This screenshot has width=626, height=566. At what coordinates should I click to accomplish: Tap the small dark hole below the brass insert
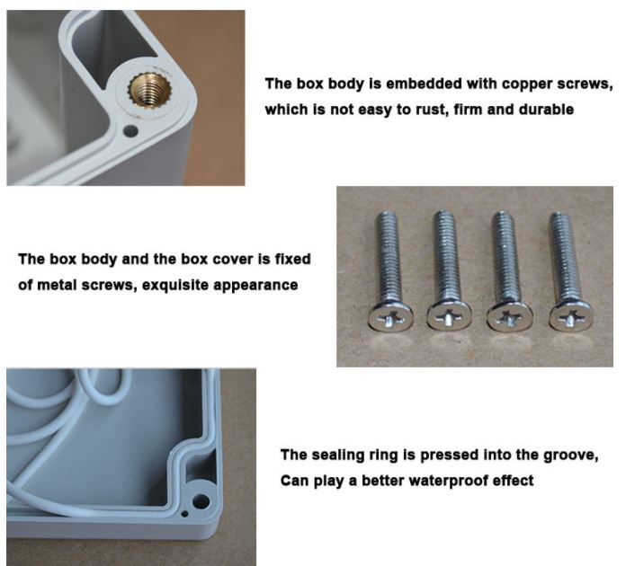[x=130, y=130]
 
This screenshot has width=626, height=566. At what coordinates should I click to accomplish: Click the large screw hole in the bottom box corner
[x=201, y=500]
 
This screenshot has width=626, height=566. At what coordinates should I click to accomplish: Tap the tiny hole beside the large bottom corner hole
[x=184, y=513]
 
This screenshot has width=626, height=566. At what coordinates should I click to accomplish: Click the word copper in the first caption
[x=527, y=84]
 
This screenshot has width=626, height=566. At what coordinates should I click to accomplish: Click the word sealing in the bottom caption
[x=338, y=455]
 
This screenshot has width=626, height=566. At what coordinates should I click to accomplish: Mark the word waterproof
[x=449, y=481]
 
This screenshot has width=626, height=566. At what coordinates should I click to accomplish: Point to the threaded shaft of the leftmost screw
[x=388, y=256]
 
